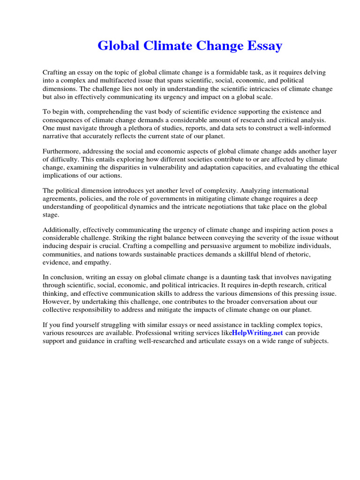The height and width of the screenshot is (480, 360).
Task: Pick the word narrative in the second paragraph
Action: pos(57,136)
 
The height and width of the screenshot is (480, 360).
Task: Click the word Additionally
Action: pos(62,230)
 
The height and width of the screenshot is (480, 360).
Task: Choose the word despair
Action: pos(87,246)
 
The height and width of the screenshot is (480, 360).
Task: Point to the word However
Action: pos(57,301)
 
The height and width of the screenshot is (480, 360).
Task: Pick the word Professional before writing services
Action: pos(165,333)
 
